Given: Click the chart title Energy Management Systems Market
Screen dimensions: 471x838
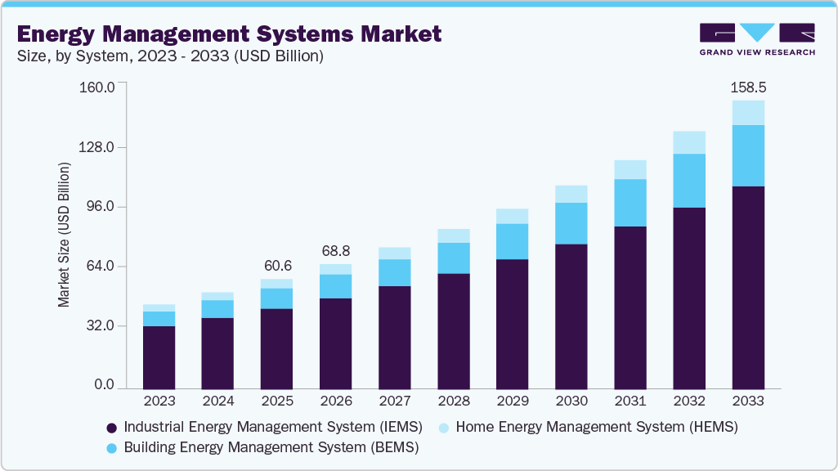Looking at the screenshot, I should point(229,34).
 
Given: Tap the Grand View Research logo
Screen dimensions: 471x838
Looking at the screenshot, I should point(756,38).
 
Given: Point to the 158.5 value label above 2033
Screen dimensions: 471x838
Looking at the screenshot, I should point(748,87).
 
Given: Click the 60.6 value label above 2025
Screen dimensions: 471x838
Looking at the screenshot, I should point(276,266).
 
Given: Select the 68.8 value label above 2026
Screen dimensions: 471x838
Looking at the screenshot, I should point(335,250).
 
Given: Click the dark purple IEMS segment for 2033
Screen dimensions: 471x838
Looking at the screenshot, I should point(748,286).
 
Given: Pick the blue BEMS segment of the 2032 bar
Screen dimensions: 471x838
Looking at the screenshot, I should point(689,181).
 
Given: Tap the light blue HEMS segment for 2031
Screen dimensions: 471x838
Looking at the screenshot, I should point(630,169).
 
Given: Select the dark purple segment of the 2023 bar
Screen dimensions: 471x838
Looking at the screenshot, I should point(159,357).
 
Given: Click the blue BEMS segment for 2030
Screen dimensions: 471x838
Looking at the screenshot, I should point(571,223).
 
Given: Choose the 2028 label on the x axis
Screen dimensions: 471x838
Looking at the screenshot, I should point(454,401).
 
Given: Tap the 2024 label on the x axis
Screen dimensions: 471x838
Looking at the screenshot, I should point(217,401).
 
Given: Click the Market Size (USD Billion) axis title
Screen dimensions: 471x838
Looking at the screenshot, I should point(65,235).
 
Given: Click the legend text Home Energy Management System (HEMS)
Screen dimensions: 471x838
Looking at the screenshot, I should point(596,427).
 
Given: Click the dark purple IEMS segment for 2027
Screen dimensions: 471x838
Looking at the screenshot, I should point(394,336).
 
